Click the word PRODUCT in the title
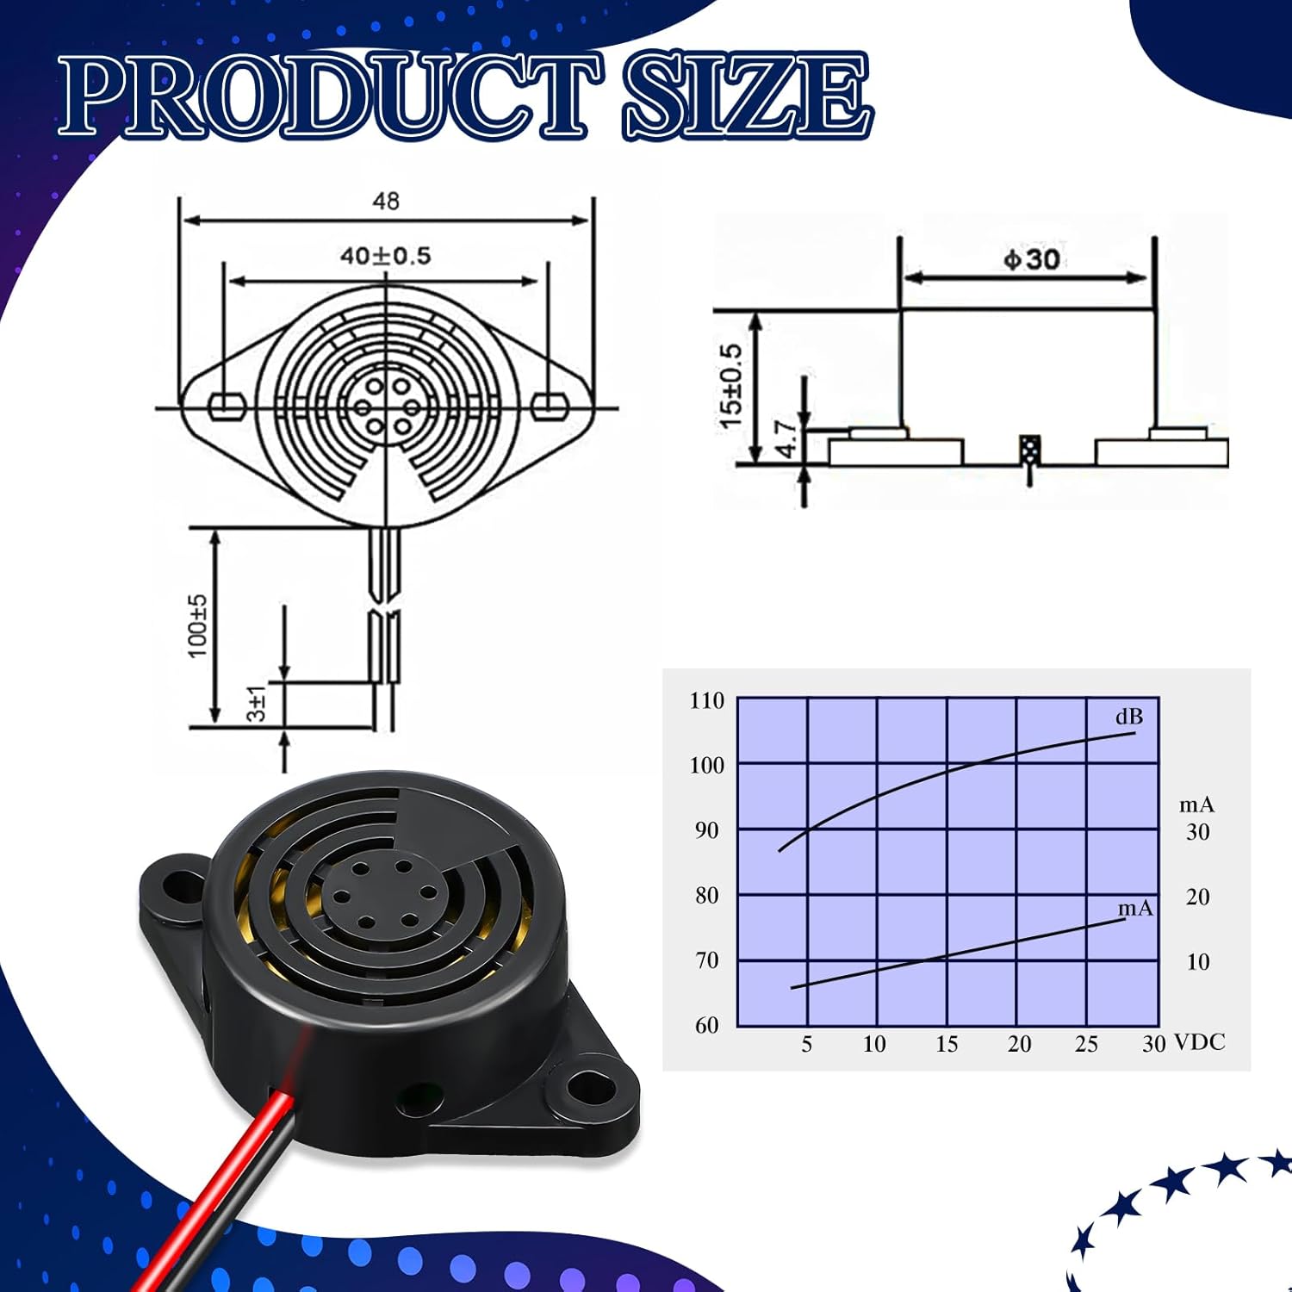click(332, 96)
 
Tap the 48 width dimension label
click(386, 201)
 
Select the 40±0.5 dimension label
click(385, 256)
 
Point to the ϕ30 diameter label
click(1031, 259)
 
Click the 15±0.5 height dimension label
click(730, 387)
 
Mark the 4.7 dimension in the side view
click(786, 439)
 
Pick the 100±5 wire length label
click(198, 626)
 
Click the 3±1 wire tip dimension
click(257, 704)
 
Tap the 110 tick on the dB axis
click(707, 700)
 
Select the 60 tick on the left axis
click(707, 1025)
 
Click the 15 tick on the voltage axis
click(946, 1044)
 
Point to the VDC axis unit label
click(1199, 1042)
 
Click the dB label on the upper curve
click(1128, 717)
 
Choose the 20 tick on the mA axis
click(1197, 897)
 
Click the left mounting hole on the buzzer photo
click(181, 885)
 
